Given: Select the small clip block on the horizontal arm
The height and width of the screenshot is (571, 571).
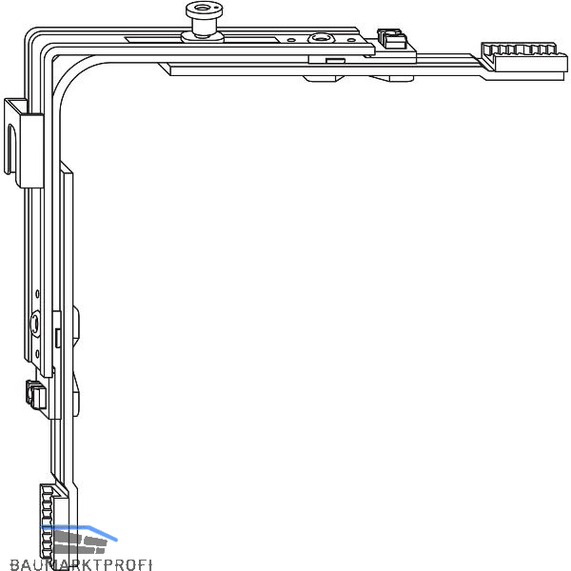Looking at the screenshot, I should [x=390, y=39].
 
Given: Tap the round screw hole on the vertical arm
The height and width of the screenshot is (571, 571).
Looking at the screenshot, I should [x=35, y=325].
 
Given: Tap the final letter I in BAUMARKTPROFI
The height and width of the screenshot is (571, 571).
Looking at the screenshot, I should [x=149, y=564].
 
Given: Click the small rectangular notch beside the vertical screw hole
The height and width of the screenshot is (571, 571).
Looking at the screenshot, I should [x=58, y=335].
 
